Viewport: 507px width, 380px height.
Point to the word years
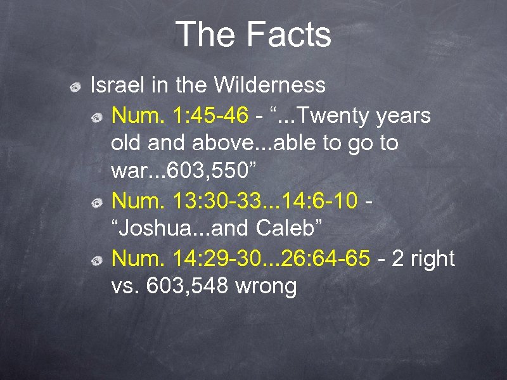[404, 116]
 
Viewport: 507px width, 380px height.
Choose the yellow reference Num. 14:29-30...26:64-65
[240, 258]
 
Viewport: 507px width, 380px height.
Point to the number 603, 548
[187, 286]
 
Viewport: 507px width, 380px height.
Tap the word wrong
[266, 286]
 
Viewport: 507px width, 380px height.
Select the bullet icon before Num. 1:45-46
[97, 117]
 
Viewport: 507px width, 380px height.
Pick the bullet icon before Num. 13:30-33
[97, 203]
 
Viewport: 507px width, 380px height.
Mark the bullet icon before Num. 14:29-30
[97, 260]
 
